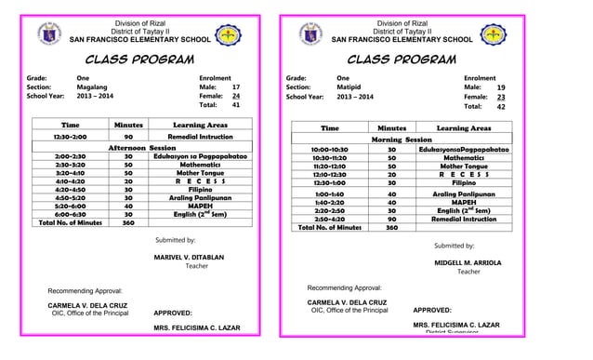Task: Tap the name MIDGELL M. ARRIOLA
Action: (x=468, y=263)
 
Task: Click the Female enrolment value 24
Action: (x=236, y=96)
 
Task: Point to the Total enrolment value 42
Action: (x=501, y=107)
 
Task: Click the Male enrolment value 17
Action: (x=236, y=85)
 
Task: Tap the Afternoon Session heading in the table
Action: (x=144, y=148)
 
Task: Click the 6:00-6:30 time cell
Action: (x=71, y=214)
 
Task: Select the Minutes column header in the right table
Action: (x=391, y=127)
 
